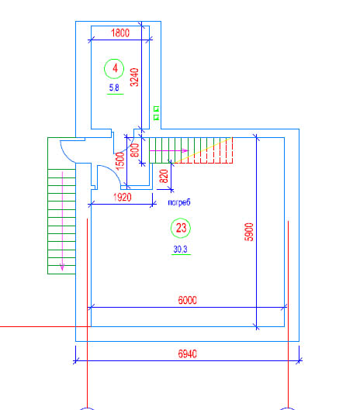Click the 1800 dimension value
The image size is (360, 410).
click(x=120, y=33)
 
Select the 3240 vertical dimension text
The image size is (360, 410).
click(x=134, y=78)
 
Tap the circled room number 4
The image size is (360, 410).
click(x=114, y=68)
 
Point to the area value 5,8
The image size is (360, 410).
click(x=114, y=88)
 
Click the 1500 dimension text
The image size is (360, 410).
click(x=120, y=161)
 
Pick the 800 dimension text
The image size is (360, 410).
click(x=135, y=150)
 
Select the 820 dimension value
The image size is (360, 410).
click(x=164, y=176)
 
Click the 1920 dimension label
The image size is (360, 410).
click(x=123, y=197)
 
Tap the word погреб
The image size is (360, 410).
click(x=179, y=202)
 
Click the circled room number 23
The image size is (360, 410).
click(x=181, y=228)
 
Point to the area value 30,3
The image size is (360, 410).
click(x=181, y=250)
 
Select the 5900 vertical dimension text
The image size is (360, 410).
click(x=249, y=232)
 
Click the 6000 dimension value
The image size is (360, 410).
click(x=187, y=300)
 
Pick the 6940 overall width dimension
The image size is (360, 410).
click(x=187, y=354)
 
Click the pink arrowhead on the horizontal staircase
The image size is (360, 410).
click(x=185, y=150)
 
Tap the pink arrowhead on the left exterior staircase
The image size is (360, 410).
click(x=62, y=267)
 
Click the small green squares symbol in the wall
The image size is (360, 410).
click(x=156, y=113)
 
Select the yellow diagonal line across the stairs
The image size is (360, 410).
click(x=203, y=150)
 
